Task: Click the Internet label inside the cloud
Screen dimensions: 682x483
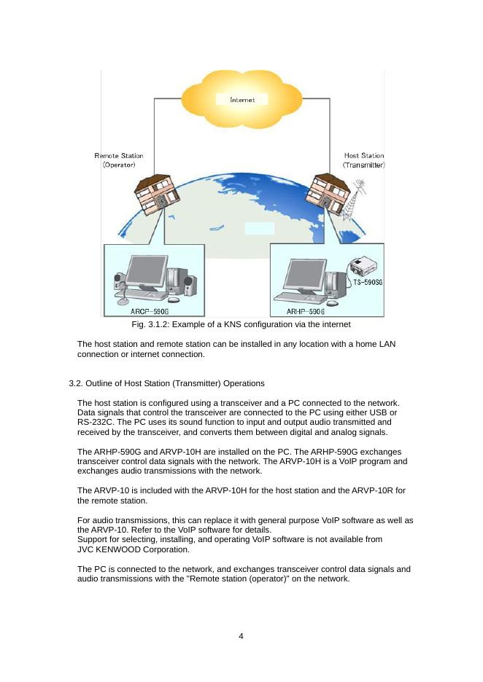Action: pos(242,100)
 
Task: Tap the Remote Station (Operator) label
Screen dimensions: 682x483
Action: pos(119,160)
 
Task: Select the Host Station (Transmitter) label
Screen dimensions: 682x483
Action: pos(363,160)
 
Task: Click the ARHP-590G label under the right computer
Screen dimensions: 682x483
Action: pos(306,311)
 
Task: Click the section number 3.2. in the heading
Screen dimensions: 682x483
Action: pos(77,383)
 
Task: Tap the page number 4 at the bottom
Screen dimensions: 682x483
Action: pos(241,636)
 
